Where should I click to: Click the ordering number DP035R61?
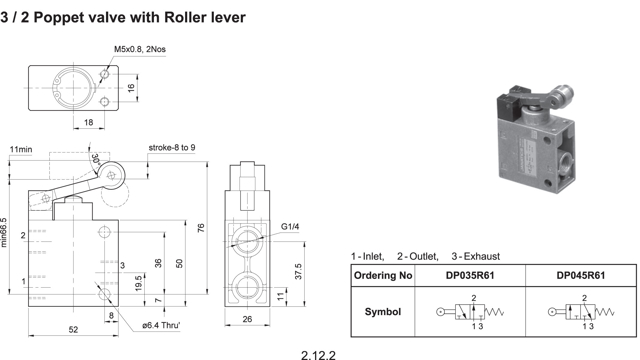470,276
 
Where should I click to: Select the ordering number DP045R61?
580,276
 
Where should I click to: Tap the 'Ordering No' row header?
383,276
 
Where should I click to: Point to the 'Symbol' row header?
383,312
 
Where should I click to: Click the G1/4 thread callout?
290,227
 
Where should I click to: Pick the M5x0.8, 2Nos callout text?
140,49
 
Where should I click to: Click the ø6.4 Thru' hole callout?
161,325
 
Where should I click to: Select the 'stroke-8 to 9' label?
172,147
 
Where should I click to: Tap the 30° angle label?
96,159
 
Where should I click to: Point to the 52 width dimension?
73,329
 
